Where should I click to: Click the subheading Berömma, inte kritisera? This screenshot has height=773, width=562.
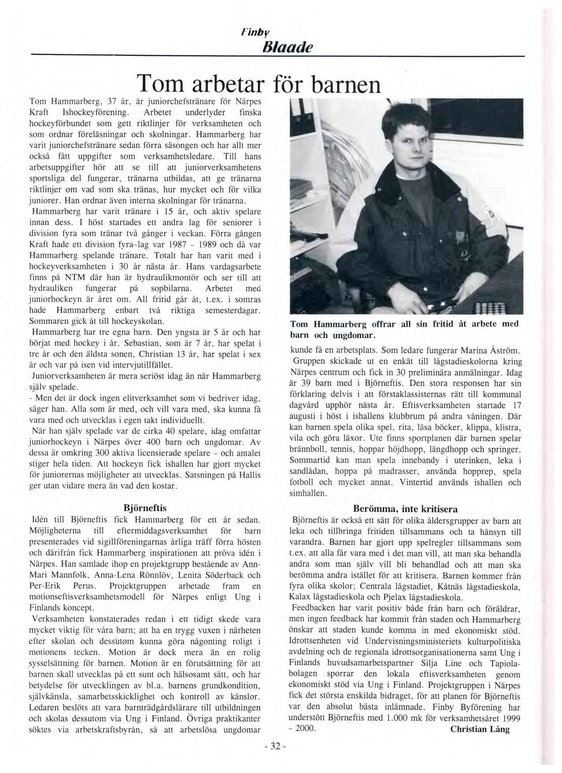point(405,509)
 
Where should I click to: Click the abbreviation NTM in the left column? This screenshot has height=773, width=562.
point(76,278)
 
